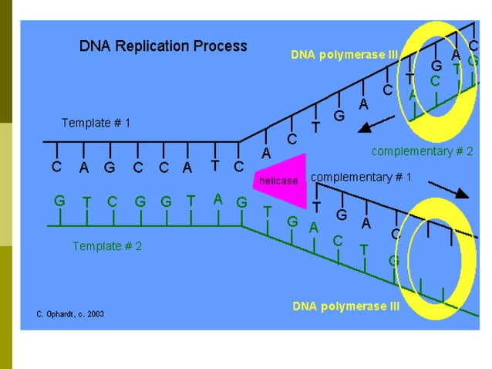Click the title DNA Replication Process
pos(163,46)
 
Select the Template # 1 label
pos(96,123)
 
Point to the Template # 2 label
pos(107,246)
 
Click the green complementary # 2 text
pos(422,151)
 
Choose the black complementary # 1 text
pos(361,177)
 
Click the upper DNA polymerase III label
pos(344,55)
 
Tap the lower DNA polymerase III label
pos(346,306)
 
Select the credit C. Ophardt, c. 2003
pos(70,314)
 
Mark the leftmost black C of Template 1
pos(56,167)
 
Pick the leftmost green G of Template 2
pos(59,201)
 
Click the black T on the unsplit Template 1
pos(214,165)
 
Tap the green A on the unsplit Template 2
pos(218,199)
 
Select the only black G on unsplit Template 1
pos(110,168)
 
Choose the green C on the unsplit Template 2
pos(112,201)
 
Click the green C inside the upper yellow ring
pos(436,80)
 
